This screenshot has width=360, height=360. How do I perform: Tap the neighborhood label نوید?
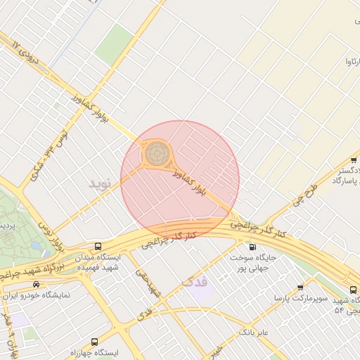tap(100, 184)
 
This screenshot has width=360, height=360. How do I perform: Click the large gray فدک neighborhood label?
tap(195, 282)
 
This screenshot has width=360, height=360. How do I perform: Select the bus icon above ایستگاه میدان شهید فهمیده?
tap(97, 246)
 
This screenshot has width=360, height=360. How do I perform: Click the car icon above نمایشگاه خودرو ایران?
tap(36, 284)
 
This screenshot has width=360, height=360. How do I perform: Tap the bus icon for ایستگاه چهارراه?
tap(95, 341)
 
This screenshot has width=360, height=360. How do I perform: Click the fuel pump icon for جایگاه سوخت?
tap(252, 247)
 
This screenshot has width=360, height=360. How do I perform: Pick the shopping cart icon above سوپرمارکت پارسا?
tap(301, 288)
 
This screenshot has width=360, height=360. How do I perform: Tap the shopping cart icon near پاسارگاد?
tap(353, 160)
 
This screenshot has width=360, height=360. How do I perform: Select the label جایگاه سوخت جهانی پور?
tap(252, 263)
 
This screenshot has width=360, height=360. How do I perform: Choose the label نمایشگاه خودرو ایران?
tap(36, 295)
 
